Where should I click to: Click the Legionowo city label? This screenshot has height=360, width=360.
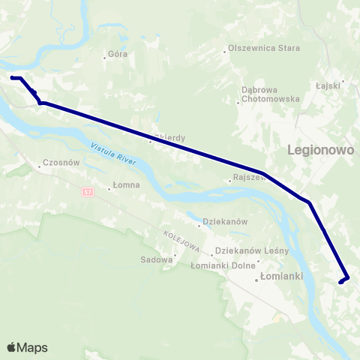pyautogui.click(x=320, y=150)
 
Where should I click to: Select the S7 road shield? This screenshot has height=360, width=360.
pyautogui.click(x=88, y=193)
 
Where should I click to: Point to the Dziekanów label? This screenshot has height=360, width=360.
pyautogui.click(x=226, y=222)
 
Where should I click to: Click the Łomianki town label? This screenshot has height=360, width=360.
pyautogui.click(x=282, y=276)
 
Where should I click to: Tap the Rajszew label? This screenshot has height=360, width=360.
pyautogui.click(x=250, y=178)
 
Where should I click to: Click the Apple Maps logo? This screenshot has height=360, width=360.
pyautogui.click(x=27, y=347)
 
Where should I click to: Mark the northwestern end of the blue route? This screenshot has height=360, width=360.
pyautogui.click(x=11, y=77)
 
